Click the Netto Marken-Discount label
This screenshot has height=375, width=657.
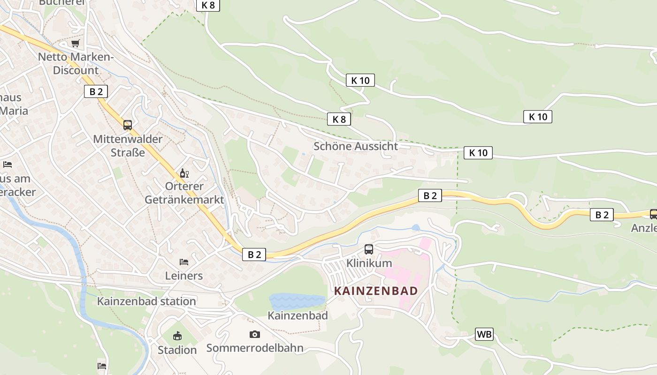[x=76, y=64]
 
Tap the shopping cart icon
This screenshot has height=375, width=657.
[x=76, y=43]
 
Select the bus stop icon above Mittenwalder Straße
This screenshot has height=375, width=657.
[x=128, y=125]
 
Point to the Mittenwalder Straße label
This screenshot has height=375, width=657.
[x=128, y=146]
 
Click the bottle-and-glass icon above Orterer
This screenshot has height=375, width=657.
[x=184, y=173]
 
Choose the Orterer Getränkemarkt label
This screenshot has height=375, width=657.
[x=184, y=193]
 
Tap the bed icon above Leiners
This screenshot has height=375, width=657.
[x=184, y=262]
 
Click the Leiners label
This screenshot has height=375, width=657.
[x=184, y=276]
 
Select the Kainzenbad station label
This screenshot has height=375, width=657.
[x=146, y=301]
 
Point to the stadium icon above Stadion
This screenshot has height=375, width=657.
[x=177, y=336]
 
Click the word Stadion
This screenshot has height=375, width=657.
[x=177, y=350]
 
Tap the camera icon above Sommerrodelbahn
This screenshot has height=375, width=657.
[x=255, y=334]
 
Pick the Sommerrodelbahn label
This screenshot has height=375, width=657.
[x=255, y=348]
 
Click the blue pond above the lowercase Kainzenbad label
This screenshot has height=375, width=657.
[x=297, y=301]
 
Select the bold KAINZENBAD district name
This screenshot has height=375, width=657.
[x=375, y=291]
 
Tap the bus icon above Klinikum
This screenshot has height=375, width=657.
[x=369, y=249]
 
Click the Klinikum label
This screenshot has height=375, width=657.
[x=369, y=263]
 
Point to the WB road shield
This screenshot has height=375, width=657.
[x=484, y=334]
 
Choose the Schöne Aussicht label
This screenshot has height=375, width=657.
[x=356, y=146]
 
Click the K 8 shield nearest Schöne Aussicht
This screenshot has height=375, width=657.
[x=339, y=119]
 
